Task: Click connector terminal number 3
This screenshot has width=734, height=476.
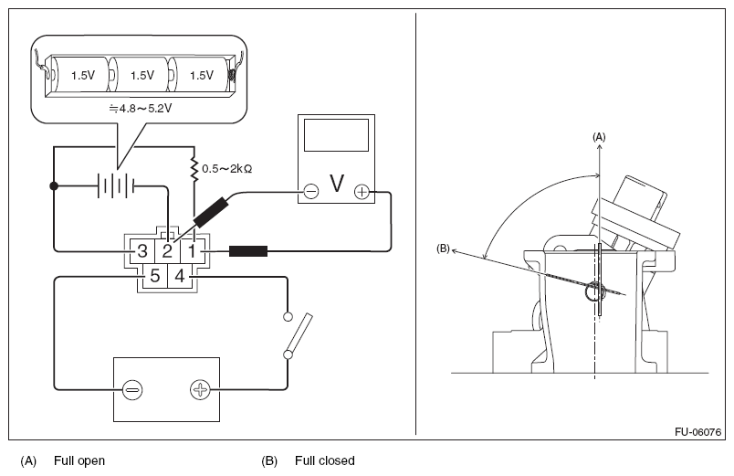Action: (x=142, y=251)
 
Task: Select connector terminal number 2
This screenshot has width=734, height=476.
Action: (x=167, y=251)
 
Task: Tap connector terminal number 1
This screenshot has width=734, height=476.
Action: (x=192, y=251)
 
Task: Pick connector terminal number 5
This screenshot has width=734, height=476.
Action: (x=155, y=276)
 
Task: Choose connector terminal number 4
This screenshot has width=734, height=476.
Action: (x=179, y=276)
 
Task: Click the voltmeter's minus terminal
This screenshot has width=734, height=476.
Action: (x=310, y=191)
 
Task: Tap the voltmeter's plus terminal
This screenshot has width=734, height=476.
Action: (x=362, y=191)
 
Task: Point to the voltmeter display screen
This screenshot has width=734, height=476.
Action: (x=336, y=135)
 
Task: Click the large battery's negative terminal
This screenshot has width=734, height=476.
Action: (x=132, y=389)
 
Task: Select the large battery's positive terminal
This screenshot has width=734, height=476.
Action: (x=200, y=389)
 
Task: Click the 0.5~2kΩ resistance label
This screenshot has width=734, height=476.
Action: (x=227, y=169)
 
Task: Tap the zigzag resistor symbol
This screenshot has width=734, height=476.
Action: (x=194, y=170)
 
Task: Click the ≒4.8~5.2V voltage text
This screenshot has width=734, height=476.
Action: (x=141, y=109)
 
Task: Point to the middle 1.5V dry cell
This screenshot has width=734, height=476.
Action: (x=142, y=75)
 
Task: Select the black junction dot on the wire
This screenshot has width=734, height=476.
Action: (x=54, y=186)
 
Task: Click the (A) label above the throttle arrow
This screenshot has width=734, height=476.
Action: (x=599, y=137)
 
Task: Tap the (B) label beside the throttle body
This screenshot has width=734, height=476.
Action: (x=443, y=249)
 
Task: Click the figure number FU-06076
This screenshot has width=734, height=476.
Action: (x=698, y=431)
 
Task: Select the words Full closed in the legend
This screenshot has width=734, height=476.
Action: (x=325, y=460)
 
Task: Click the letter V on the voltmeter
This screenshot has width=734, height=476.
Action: (x=337, y=184)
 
